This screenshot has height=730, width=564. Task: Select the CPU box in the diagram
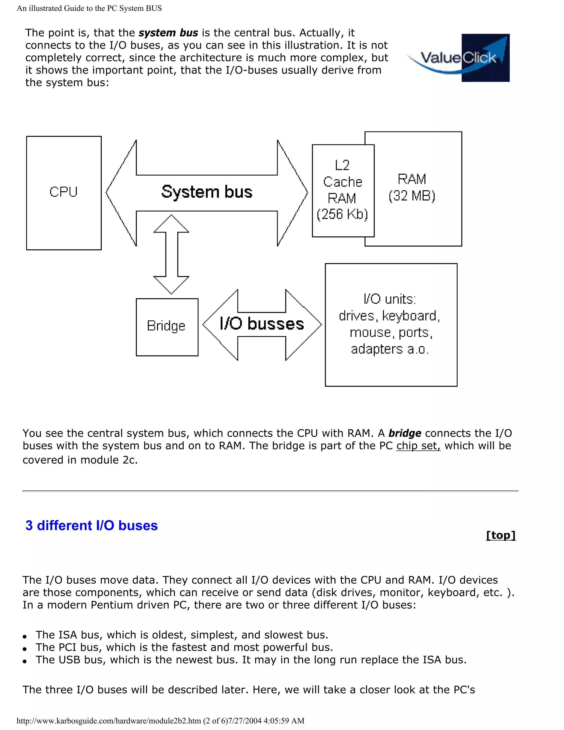64,193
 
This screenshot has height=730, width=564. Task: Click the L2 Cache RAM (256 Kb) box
343,191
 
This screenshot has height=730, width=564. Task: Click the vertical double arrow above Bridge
171,254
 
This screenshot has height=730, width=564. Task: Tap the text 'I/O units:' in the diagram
390,299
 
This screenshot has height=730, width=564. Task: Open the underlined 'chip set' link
418,446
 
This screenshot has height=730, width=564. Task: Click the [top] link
500,535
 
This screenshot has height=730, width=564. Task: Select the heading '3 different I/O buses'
91,525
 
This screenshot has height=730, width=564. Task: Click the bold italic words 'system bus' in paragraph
168,33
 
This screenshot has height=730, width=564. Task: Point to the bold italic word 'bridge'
405,434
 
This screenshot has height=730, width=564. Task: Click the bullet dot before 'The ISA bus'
25,636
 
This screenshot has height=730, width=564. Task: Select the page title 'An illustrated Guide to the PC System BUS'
89,8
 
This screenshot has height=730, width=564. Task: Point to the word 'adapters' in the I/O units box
376,349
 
